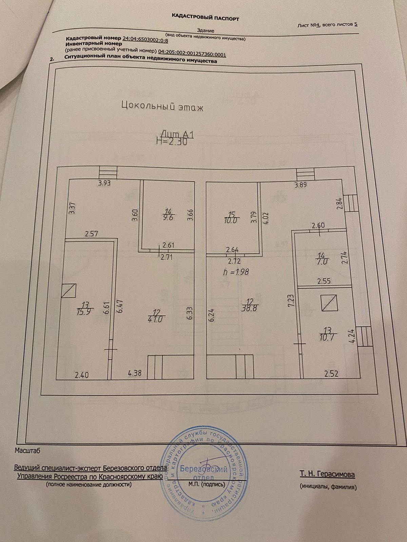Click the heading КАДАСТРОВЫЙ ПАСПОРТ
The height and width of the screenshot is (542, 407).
tap(205, 17)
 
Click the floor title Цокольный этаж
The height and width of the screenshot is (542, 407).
tap(162, 107)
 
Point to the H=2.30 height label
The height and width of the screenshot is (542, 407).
tap(172, 142)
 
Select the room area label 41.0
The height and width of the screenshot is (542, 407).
tap(155, 319)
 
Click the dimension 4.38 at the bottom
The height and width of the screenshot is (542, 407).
tap(134, 373)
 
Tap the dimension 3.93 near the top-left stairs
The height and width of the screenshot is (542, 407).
tap(104, 184)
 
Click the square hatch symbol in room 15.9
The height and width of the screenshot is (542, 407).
tap(69, 290)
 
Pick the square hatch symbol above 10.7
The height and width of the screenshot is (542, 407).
tap(329, 303)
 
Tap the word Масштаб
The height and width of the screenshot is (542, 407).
tap(27, 451)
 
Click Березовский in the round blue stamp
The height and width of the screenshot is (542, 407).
tap(203, 469)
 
